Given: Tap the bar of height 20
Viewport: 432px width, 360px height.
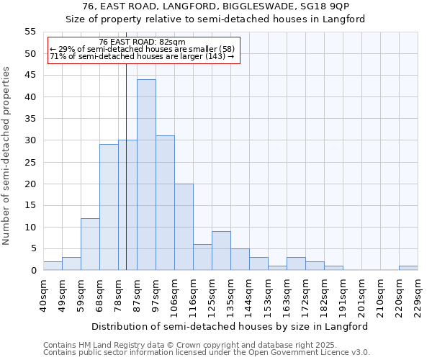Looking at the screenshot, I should click(184, 227).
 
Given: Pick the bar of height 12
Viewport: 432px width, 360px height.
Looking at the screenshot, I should click(90, 244).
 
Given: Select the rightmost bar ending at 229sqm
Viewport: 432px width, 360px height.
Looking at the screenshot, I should click(408, 268).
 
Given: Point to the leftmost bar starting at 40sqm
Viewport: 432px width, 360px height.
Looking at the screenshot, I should click(53, 266).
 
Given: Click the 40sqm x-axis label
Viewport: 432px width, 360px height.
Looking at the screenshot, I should click(43, 296).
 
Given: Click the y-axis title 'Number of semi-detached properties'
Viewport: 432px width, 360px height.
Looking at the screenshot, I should click(7, 156).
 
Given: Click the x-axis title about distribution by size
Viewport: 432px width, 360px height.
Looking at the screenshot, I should click(230, 326).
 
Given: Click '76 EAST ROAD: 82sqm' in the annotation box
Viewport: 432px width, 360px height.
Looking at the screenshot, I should click(142, 42).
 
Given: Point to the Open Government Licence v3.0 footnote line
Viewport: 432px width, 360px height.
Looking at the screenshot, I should click(207, 353).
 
